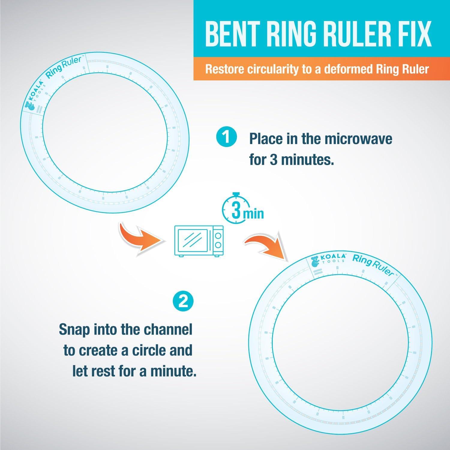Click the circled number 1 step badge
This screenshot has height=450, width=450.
[226, 138]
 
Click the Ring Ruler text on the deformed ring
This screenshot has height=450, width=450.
[63, 68]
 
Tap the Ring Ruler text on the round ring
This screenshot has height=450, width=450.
[373, 264]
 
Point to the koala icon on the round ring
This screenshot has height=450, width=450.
[315, 261]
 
